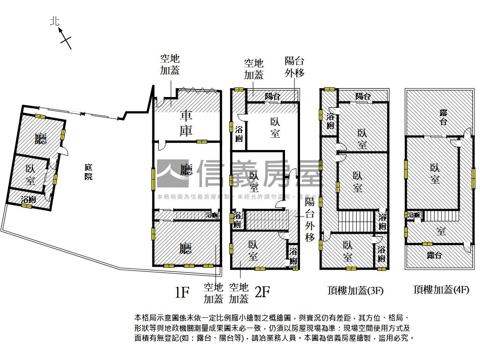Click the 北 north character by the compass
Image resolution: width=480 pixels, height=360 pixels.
pyautogui.click(x=55, y=21)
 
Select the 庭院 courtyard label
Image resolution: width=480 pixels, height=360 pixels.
pyautogui.click(x=88, y=172)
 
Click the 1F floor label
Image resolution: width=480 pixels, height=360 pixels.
pyautogui.click(x=182, y=293)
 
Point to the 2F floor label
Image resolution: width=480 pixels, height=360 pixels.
pyautogui.click(x=262, y=292)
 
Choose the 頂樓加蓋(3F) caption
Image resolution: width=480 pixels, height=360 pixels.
pyautogui.click(x=355, y=290)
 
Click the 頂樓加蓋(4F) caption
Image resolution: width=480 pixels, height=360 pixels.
pyautogui.click(x=441, y=290)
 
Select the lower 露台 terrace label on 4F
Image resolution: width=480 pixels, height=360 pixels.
pyautogui.click(x=435, y=255)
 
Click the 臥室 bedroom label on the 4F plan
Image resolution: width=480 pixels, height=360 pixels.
pyautogui.click(x=435, y=173)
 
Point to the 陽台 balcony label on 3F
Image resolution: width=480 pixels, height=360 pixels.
pyautogui.click(x=362, y=97)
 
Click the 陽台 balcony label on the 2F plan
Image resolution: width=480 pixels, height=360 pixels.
pyautogui.click(x=272, y=97)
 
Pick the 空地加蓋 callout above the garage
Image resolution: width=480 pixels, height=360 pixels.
pyautogui.click(x=170, y=65)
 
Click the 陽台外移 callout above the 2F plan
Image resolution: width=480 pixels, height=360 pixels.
pyautogui.click(x=295, y=67)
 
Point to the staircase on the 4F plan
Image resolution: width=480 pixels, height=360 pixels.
pyautogui.click(x=441, y=216)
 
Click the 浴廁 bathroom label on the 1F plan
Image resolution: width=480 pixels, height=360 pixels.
pyautogui.click(x=212, y=215)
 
